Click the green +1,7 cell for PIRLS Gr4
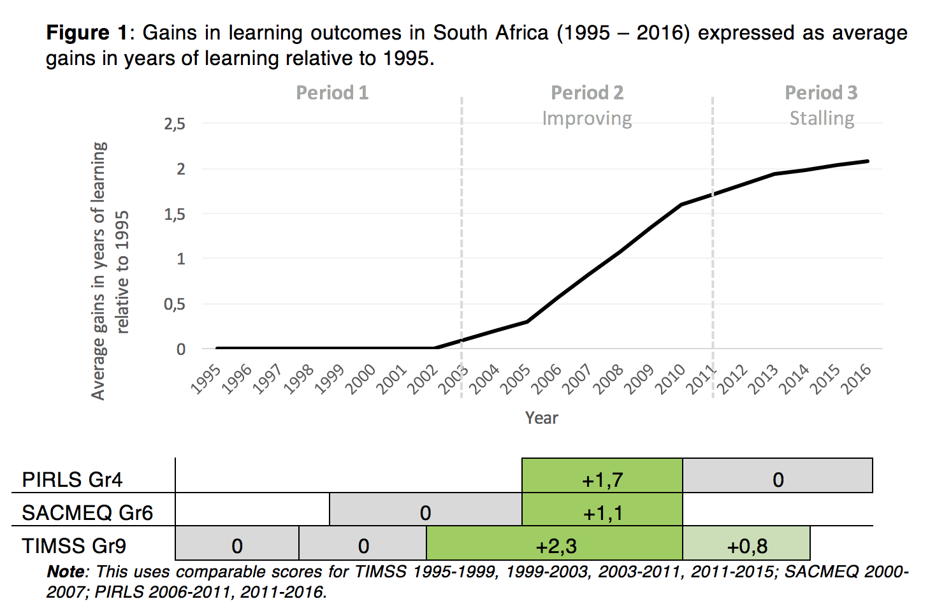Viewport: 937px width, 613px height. point(602,479)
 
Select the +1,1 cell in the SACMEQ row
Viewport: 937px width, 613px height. point(602,512)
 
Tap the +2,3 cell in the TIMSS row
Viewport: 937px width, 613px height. point(555,545)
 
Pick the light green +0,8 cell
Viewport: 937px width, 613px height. point(746,545)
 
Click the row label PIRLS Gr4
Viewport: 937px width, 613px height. point(72,479)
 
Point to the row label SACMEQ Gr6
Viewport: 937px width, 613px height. point(87,512)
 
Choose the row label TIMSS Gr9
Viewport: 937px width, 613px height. point(74,546)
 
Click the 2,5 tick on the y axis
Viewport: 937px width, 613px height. point(175,124)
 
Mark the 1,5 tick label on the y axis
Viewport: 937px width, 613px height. point(175,214)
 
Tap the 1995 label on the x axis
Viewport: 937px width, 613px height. point(207,380)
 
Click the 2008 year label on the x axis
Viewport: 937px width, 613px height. point(609,380)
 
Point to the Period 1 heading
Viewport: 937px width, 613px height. point(332,93)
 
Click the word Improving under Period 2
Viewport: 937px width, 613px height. point(587,119)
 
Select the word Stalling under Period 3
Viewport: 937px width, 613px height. point(822,119)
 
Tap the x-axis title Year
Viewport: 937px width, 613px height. point(541,417)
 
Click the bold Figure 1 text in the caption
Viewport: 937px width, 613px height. point(87,32)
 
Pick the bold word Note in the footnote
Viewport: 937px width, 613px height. point(66,572)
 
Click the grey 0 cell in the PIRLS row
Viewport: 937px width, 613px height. point(778,479)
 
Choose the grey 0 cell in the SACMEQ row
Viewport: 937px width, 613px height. point(425,512)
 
